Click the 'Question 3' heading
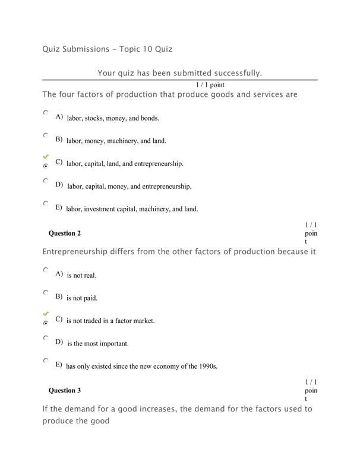point(64,391)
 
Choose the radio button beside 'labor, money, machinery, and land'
point(46,135)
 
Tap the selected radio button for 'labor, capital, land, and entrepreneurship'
point(46,166)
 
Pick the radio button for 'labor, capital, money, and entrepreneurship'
point(46,180)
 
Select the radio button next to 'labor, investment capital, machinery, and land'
point(46,203)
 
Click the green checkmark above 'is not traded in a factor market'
point(46,313)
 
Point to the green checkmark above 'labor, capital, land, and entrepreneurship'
point(46,156)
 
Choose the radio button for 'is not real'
point(46,270)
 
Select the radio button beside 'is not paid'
point(46,292)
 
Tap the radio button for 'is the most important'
point(46,337)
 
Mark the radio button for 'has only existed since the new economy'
point(46,360)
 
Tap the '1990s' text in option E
point(208,366)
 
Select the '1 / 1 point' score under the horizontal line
point(201,85)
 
